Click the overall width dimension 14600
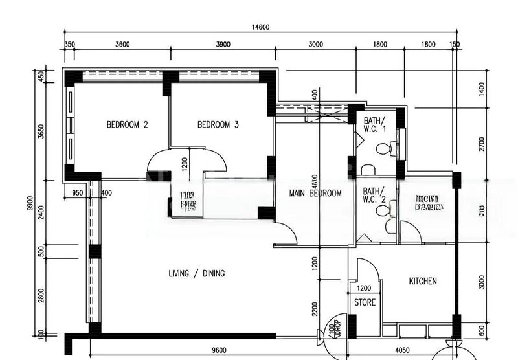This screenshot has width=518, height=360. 260,27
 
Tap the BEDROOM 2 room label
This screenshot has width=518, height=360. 128,125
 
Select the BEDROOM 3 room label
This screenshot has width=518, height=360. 218,125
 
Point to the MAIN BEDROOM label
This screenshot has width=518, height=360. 315,193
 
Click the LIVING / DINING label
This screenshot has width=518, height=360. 196,274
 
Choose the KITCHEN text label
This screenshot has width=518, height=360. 423,281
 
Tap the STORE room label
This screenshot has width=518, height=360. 365,302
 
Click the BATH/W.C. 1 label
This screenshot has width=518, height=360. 374,124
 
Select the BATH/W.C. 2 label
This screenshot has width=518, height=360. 374,196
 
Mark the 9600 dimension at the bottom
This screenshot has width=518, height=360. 218,350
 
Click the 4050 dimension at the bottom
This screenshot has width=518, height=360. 402,350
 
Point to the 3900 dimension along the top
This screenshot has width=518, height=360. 222,45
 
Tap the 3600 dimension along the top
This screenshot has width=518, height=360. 122,45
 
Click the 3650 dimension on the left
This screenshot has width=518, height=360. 41,132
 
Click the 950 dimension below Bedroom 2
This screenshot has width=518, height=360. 77,192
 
